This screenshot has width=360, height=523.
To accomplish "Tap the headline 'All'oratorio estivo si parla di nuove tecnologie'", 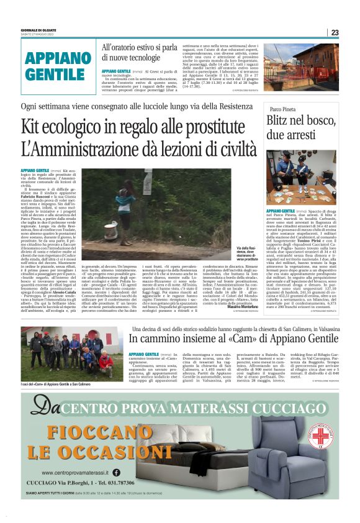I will coord(140,53).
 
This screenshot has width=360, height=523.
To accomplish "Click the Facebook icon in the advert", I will coord(117,473).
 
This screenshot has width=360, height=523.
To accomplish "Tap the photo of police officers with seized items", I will coord(300,178).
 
